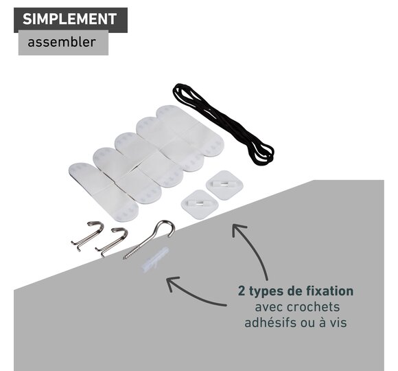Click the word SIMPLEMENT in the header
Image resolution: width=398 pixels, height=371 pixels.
tap(69, 19)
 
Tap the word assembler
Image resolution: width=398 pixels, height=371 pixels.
tap(62, 42)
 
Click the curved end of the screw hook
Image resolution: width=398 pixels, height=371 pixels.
tap(167, 223)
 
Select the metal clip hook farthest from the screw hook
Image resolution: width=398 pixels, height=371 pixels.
tap(88, 236)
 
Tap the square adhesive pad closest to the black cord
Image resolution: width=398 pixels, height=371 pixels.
tap(224, 185)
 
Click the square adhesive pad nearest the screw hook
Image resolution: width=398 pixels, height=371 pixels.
tap(200, 204)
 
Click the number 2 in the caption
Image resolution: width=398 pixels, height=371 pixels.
tap(242, 291)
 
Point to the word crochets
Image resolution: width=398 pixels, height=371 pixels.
tap(313, 307)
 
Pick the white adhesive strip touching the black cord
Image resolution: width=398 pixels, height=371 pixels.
tap(190, 131)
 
